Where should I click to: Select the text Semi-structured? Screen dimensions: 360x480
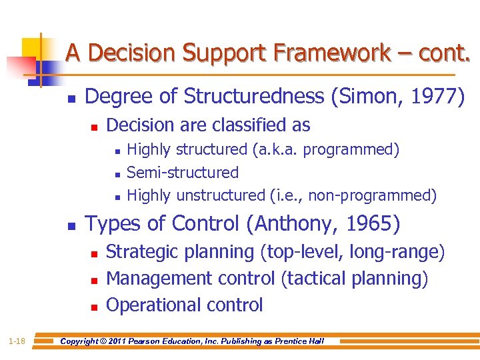click(x=183, y=173)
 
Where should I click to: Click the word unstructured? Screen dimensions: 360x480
click(x=221, y=195)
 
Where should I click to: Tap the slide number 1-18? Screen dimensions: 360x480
click(x=17, y=341)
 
